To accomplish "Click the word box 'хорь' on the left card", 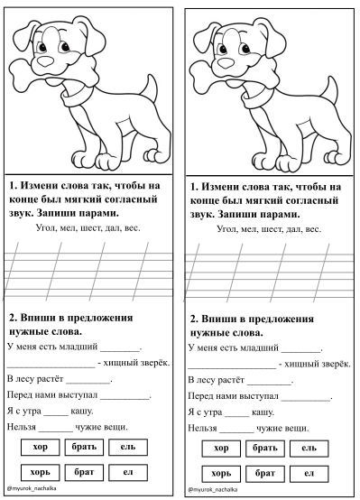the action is point(41,472).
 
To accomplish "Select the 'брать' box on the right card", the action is point(265,449).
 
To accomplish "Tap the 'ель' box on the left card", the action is point(128,447).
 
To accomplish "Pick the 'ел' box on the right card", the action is point(309,473).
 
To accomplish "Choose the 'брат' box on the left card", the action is point(84,472).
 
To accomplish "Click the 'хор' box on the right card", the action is point(221,449).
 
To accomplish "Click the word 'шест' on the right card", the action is point(272,229).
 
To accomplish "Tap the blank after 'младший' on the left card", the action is point(121,350).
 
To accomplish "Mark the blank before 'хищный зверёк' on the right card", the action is point(232,367).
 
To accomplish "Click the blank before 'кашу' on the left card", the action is point(56,415).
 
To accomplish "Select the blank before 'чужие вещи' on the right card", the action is point(237,431).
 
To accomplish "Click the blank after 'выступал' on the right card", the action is point(306,400).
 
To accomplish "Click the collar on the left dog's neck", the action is point(75,97).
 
